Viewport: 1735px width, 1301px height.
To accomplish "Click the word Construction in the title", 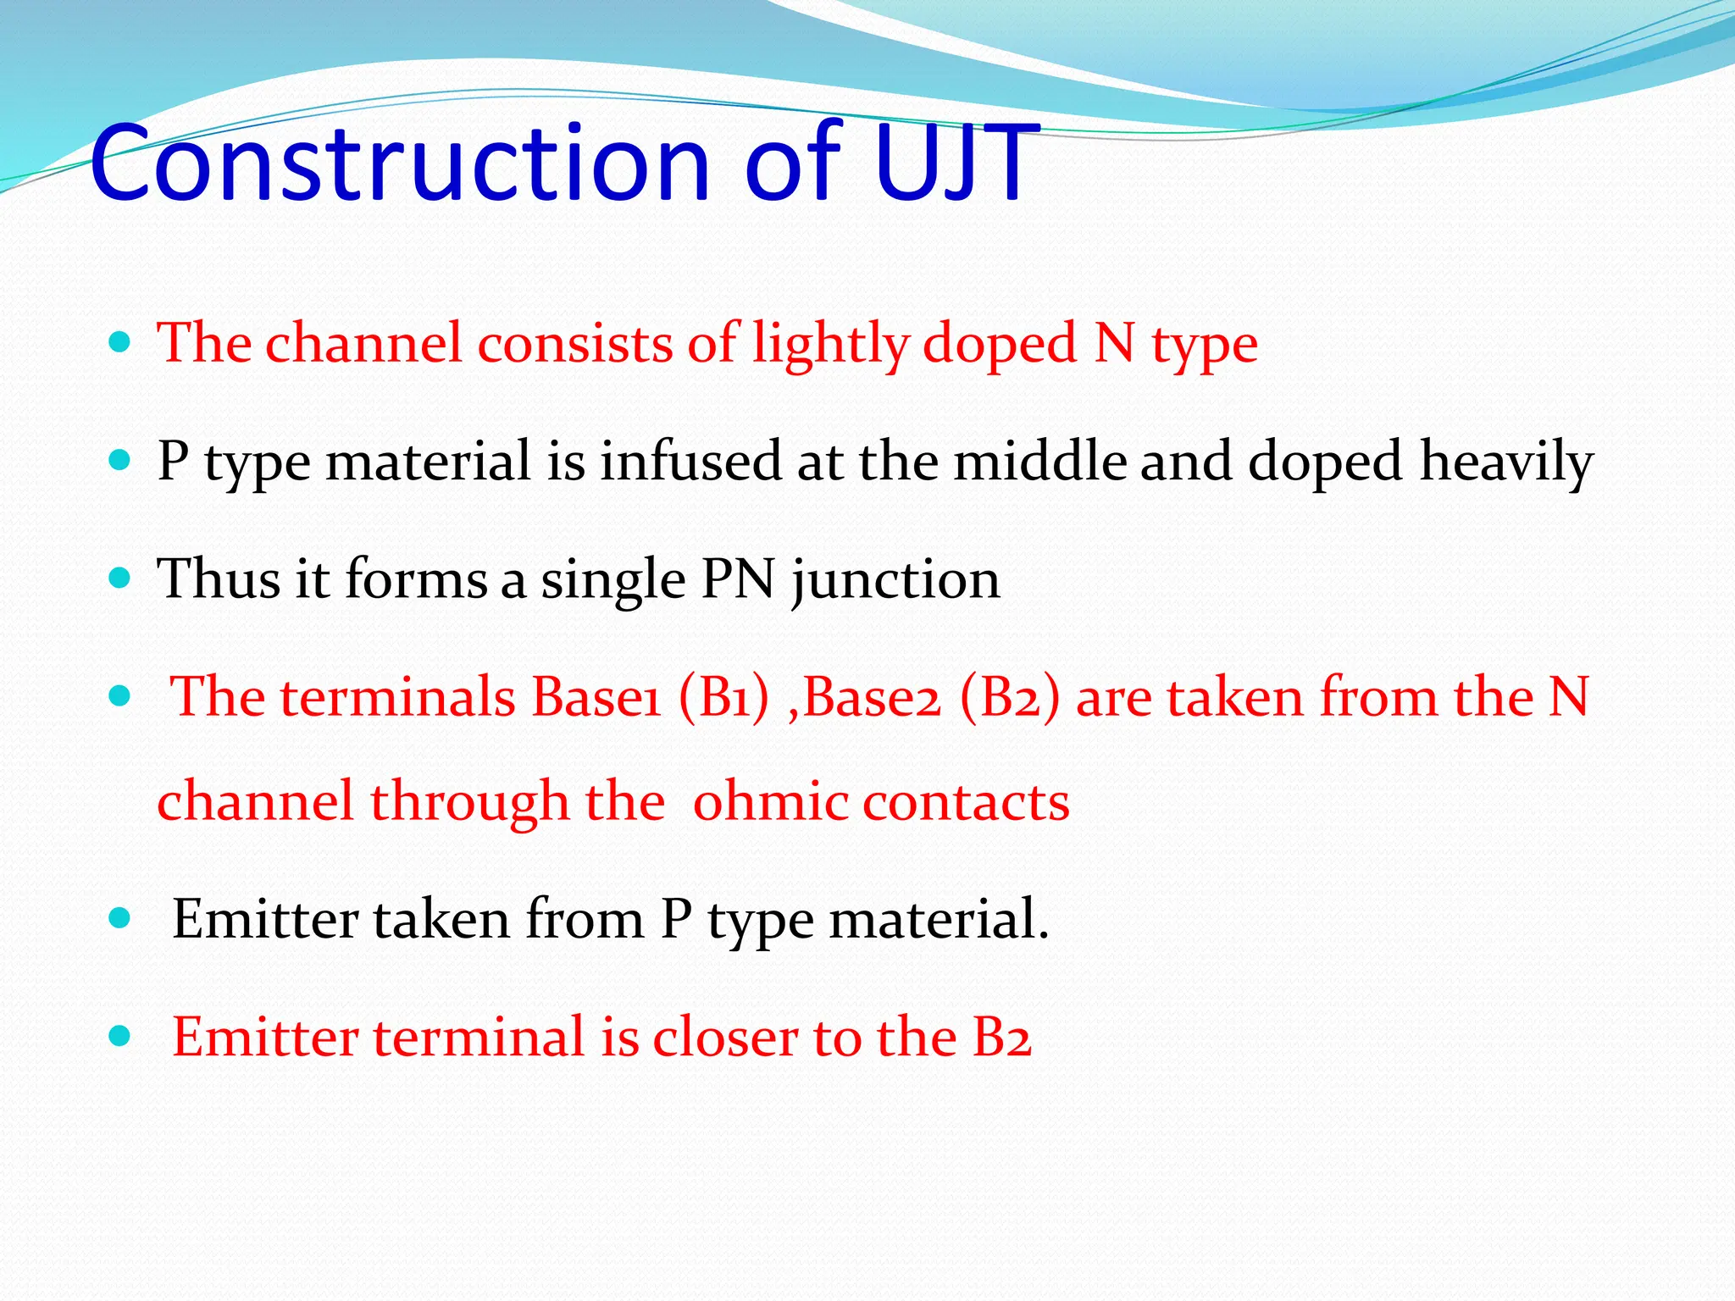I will coord(399,163).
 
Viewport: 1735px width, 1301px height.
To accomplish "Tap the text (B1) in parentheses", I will coord(723,698).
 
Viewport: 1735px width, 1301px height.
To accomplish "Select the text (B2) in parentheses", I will coord(1010,698).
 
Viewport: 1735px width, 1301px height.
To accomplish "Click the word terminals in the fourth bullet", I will coord(398,698).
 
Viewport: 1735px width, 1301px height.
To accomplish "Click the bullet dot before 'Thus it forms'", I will coord(120,579).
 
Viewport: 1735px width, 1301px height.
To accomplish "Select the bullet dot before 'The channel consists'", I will coord(120,343).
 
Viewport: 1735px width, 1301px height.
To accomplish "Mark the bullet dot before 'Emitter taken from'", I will coord(120,918).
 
